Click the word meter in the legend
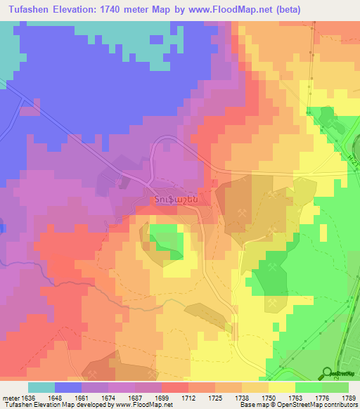(11, 396)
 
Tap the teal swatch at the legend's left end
(41, 387)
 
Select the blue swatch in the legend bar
(68, 387)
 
